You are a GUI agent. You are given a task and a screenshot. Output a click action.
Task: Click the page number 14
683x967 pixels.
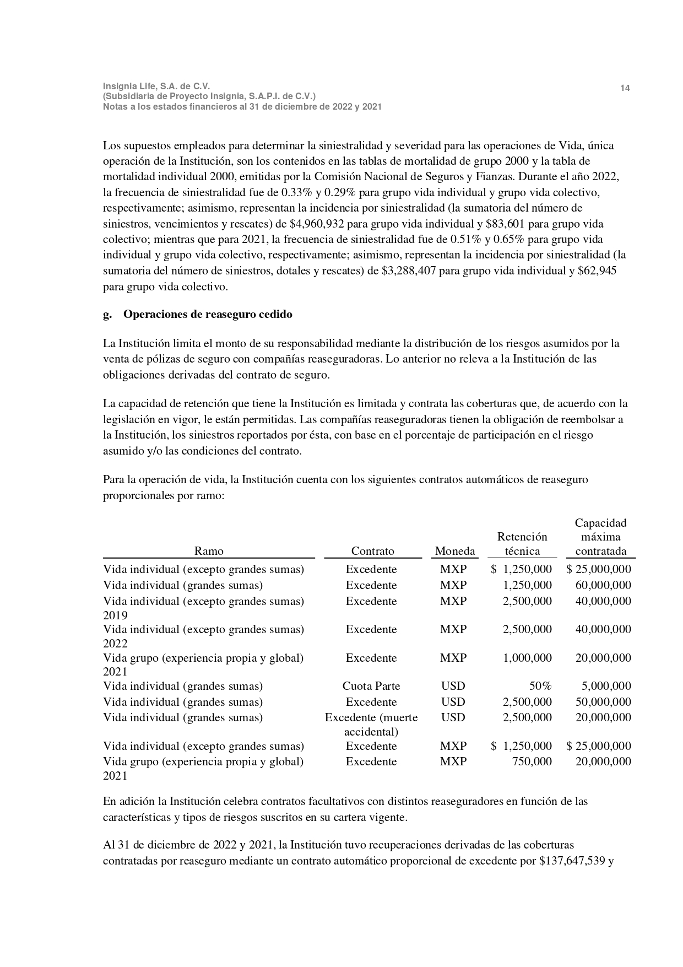(625, 88)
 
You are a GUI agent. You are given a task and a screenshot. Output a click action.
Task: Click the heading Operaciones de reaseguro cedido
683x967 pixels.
(208, 315)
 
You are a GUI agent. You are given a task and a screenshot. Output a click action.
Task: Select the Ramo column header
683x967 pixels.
(209, 551)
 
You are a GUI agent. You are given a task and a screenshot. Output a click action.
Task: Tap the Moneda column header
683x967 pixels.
(455, 551)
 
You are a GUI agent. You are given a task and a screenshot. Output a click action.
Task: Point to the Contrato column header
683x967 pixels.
(373, 551)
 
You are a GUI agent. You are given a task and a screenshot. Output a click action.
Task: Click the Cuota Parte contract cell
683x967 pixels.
(371, 686)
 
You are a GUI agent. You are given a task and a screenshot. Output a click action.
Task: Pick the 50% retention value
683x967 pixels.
(540, 686)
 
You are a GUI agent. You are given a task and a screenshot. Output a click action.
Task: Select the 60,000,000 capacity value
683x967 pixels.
(603, 585)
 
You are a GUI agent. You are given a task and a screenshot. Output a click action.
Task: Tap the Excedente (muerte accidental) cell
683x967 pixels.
(371, 725)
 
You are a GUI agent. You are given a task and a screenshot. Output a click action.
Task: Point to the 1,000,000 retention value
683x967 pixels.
(527, 658)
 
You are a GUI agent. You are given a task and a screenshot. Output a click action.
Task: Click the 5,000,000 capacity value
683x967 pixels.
(606, 686)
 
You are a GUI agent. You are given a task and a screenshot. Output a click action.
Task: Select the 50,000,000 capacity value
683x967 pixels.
(603, 702)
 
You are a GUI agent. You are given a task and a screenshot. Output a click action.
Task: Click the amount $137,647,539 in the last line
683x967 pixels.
(574, 861)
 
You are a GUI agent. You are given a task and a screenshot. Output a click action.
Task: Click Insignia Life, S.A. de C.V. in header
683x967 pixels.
(156, 86)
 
